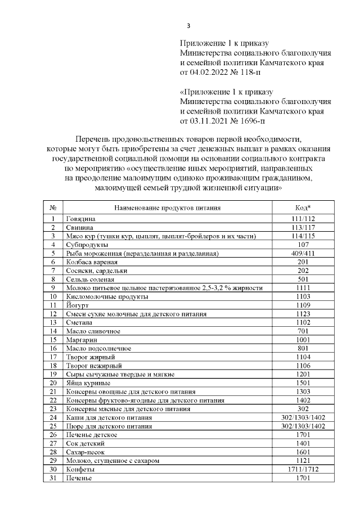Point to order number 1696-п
[x=251, y=120]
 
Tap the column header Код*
[x=303, y=208]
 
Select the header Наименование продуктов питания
[x=167, y=208]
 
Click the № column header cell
[x=53, y=208]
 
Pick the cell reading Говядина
[x=82, y=218]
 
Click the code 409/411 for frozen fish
[x=303, y=253]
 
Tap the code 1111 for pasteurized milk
[x=303, y=287]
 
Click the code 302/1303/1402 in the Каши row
[x=303, y=417]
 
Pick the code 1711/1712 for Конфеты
[x=303, y=469]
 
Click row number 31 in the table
[x=53, y=478]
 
